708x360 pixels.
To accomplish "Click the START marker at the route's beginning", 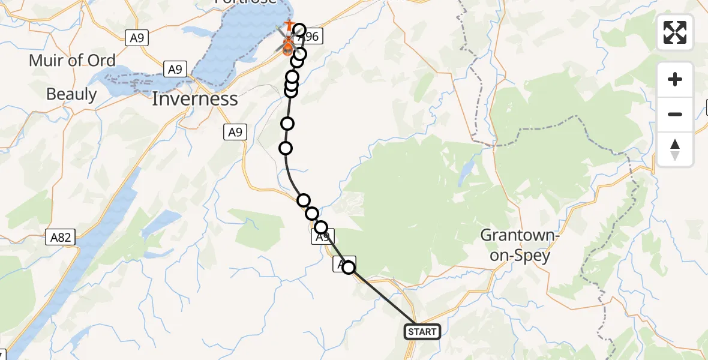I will [422, 331].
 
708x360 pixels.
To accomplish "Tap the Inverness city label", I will [195, 98].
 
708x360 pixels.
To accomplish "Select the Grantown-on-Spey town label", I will [520, 245].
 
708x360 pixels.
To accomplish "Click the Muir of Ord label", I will [72, 60].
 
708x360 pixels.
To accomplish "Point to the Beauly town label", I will [71, 94].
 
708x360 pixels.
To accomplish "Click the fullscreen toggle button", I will [675, 32].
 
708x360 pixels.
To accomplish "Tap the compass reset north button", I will [675, 149].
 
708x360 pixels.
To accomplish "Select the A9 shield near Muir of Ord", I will [137, 38].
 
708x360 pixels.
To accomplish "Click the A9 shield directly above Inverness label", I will [175, 70].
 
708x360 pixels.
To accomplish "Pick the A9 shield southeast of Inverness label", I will [235, 133].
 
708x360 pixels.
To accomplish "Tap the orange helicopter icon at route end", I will [287, 46].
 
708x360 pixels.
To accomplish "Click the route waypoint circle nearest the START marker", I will [349, 268].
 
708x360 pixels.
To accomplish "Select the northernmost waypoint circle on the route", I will [299, 31].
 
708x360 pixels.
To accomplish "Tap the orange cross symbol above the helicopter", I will [289, 26].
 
